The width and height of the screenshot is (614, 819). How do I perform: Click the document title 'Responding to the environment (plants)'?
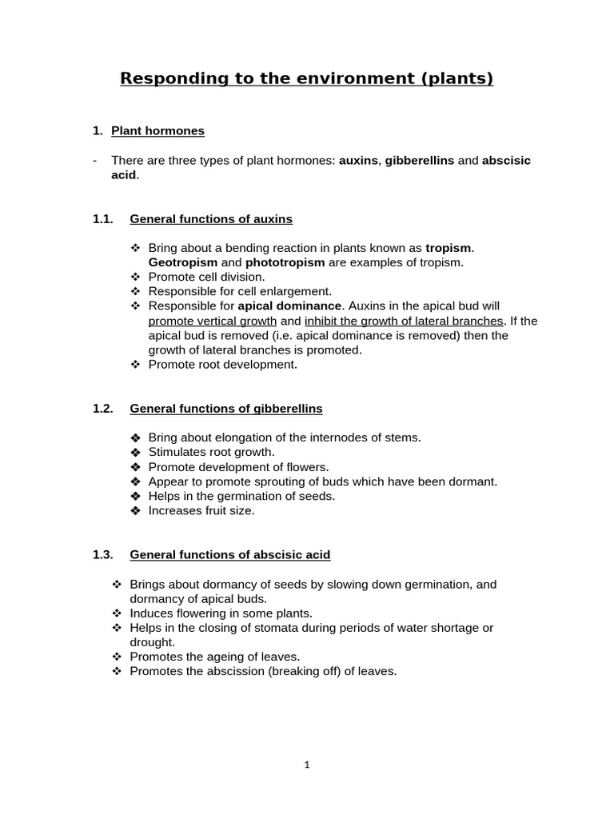(x=306, y=78)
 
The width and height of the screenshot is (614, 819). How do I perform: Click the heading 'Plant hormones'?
(x=157, y=130)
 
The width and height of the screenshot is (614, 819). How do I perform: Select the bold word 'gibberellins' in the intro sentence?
(x=420, y=161)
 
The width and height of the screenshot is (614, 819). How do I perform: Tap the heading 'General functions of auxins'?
(x=211, y=218)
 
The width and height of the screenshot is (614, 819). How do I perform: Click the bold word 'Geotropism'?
(x=183, y=262)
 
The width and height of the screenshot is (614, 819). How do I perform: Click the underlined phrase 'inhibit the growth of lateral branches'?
(x=404, y=321)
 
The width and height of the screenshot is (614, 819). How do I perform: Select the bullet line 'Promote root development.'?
(x=222, y=364)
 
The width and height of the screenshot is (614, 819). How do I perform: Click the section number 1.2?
(x=103, y=409)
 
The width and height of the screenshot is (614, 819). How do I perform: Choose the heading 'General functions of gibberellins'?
(x=226, y=409)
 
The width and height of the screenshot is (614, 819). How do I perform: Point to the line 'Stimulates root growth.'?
(x=211, y=452)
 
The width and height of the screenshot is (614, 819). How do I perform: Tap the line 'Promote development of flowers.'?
(x=238, y=467)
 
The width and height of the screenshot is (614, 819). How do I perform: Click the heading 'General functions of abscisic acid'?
(x=229, y=554)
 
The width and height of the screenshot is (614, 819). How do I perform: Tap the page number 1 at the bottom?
(x=307, y=765)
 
